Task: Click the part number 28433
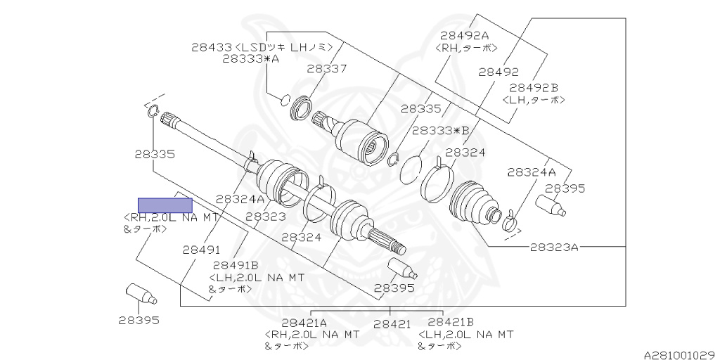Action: [x=211, y=47]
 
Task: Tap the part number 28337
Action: [x=326, y=69]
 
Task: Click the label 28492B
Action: [x=534, y=87]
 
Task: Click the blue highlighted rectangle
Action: [x=165, y=205]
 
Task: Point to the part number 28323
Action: [x=265, y=217]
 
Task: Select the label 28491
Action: [x=202, y=249]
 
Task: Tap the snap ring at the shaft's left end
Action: [x=153, y=110]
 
